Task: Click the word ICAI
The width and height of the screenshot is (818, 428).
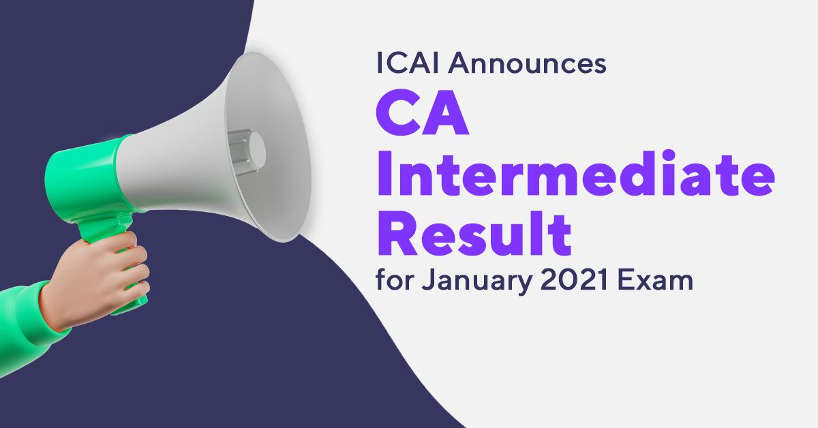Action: [407, 63]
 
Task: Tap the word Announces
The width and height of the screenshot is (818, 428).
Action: [528, 63]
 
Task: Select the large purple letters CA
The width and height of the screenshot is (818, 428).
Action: [423, 112]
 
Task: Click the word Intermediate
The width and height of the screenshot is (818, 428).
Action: [576, 172]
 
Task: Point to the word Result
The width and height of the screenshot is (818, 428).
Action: [474, 233]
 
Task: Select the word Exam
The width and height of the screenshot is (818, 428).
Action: [655, 279]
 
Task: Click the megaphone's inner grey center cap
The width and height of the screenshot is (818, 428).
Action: [257, 150]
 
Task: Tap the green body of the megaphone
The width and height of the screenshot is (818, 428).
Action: [87, 179]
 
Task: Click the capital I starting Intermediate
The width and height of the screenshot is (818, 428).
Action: [384, 172]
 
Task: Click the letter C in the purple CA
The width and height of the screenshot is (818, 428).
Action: [398, 112]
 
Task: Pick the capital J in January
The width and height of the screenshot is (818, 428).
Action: [429, 279]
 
